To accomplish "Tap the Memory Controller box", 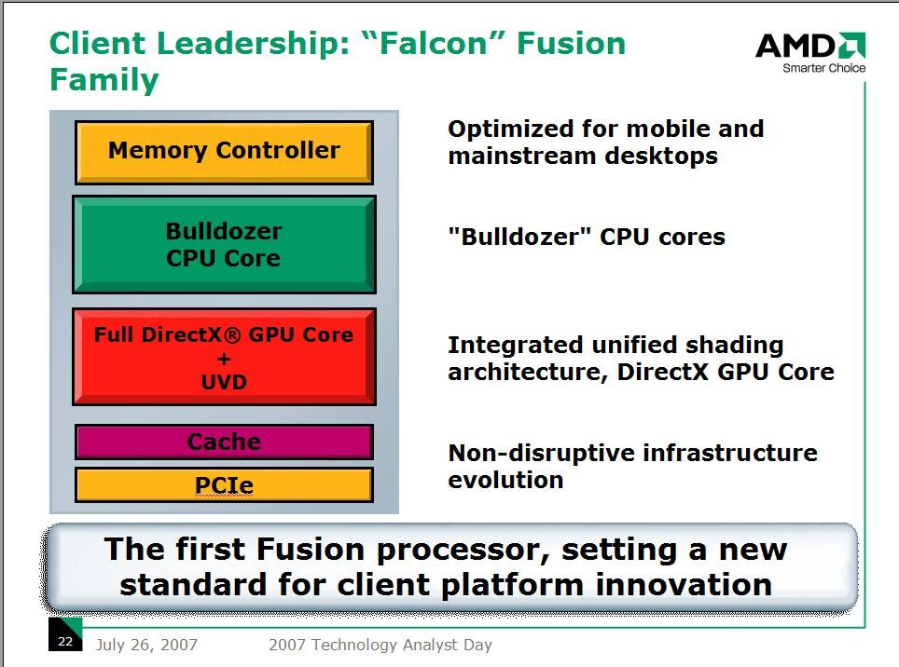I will click(x=224, y=151).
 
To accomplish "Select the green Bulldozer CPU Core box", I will click(x=224, y=245).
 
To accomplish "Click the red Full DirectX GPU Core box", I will click(x=224, y=358).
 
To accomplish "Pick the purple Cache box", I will click(x=224, y=442).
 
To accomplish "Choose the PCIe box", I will click(x=224, y=485).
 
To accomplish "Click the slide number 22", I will click(x=65, y=641).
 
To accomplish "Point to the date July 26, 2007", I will click(x=146, y=645).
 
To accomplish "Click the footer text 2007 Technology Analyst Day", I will click(x=380, y=645).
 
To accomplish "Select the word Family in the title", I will click(x=104, y=80).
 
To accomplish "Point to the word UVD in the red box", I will click(x=224, y=383).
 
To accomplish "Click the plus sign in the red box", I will click(x=224, y=359).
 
